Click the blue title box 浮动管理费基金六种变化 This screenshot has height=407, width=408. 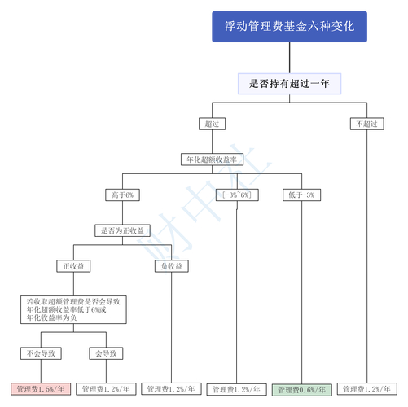pos(289,26)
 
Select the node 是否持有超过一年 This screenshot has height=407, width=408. pos(289,83)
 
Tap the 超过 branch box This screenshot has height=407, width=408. pos(212,124)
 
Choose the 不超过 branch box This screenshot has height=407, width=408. pos(366,124)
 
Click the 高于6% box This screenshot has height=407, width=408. pos(122,195)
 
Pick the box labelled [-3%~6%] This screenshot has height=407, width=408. pos(236,195)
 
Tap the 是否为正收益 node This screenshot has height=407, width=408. pos(122,231)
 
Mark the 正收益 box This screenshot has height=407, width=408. pos(74,266)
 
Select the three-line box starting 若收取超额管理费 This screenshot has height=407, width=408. pos(74,309)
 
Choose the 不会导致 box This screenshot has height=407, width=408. pos(41,353)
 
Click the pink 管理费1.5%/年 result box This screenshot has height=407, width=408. pos(41,389)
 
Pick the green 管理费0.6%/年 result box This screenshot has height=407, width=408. pos(301,389)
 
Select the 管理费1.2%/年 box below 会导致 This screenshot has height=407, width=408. pos(107,389)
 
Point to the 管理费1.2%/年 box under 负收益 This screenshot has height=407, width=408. pos(172,389)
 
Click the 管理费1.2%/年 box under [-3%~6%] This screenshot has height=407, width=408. pos(236,389)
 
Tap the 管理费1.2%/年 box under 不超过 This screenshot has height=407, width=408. pos(366,389)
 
